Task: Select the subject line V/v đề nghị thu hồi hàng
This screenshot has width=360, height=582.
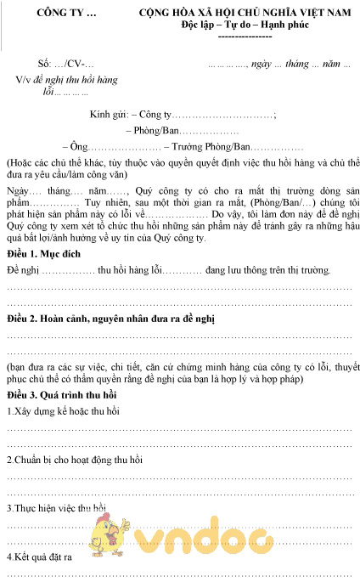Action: click(65, 79)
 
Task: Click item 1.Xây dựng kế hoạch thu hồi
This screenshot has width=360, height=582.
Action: click(61, 412)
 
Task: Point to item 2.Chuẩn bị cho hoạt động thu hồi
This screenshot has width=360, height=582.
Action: click(75, 460)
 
